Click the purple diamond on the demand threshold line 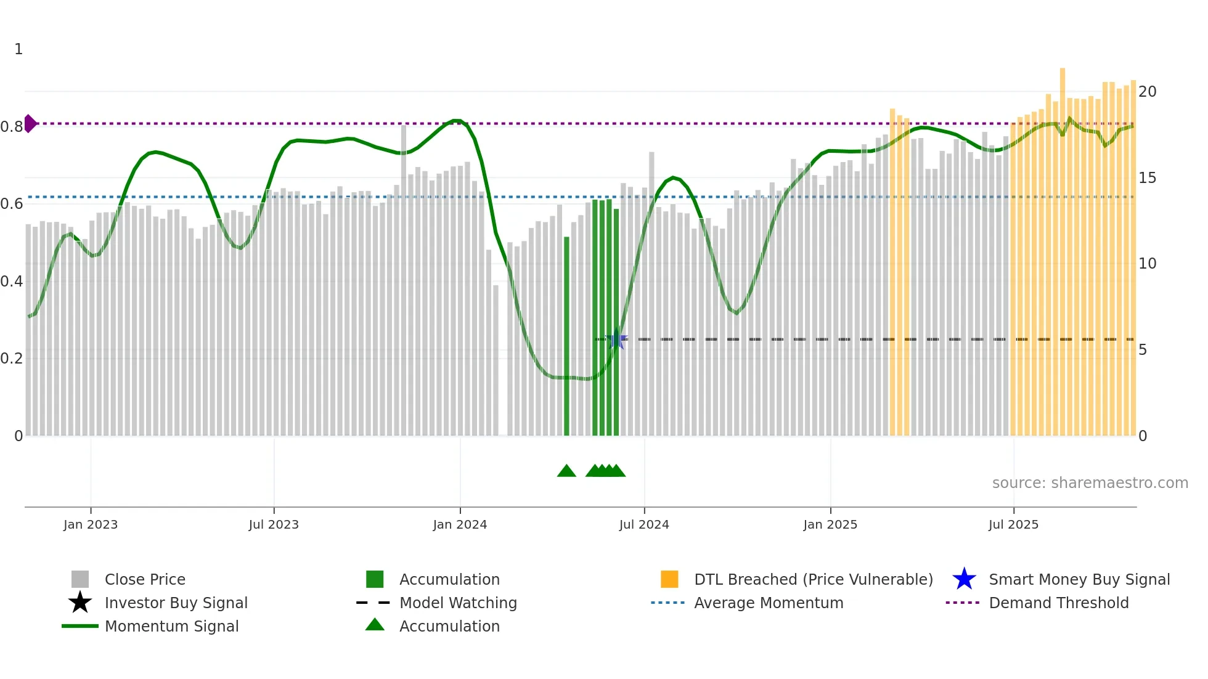[x=30, y=123]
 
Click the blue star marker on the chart [x=616, y=339]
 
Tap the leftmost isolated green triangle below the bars [x=566, y=471]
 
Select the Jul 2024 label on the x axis [x=644, y=524]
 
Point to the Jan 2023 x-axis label [x=91, y=524]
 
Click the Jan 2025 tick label [x=830, y=524]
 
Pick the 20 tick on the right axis [x=1147, y=92]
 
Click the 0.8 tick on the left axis [x=12, y=127]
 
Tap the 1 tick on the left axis [x=18, y=49]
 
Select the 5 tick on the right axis [x=1143, y=350]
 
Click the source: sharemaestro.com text [x=1090, y=483]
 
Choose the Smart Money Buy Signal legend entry [x=1079, y=579]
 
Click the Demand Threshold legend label [x=1058, y=603]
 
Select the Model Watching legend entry [x=457, y=603]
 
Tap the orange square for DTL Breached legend [x=669, y=579]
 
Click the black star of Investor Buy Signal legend [x=80, y=603]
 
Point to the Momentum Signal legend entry [x=171, y=626]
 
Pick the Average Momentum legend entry [x=768, y=603]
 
